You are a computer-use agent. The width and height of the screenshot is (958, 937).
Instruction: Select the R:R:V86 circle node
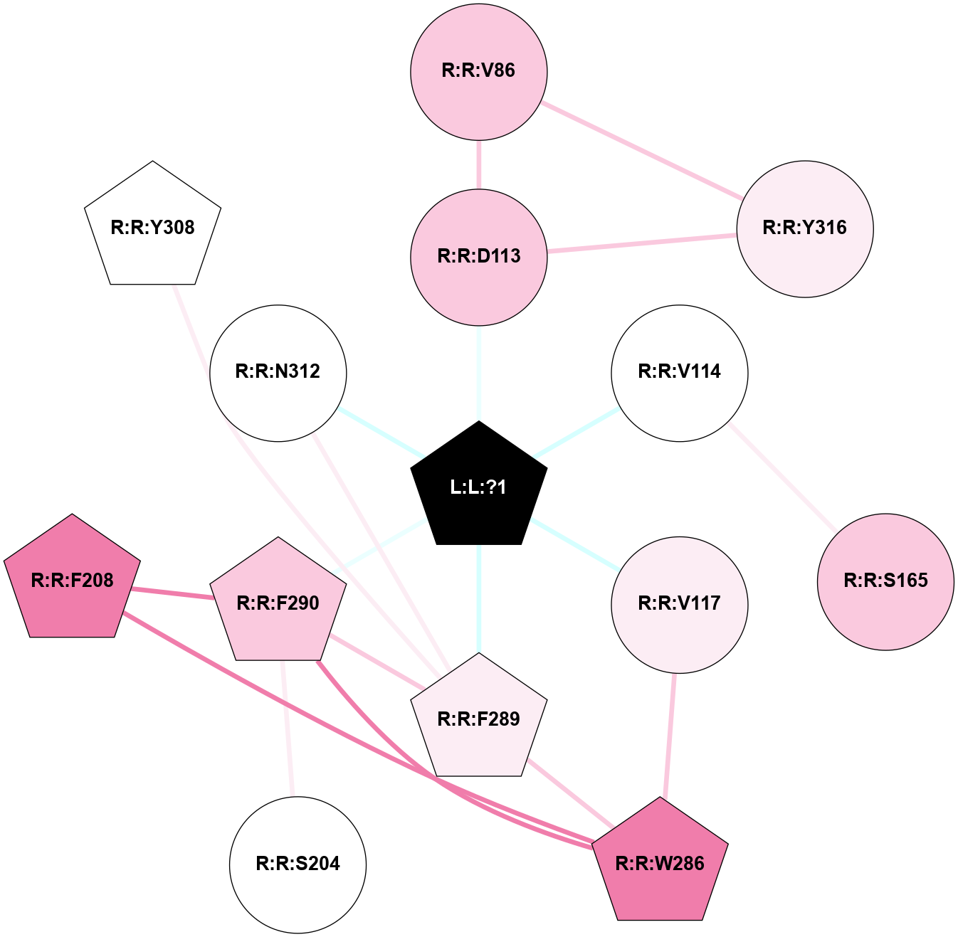[x=478, y=72]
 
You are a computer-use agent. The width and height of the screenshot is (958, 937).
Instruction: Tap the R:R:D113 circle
[x=478, y=257]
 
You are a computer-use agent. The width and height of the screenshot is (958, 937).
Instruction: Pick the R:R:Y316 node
[x=805, y=229]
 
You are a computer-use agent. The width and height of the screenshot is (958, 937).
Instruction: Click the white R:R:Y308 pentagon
[x=152, y=226]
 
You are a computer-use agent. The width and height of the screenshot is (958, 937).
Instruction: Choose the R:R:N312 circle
[x=278, y=373]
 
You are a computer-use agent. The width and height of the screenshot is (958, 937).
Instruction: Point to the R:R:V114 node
[x=680, y=373]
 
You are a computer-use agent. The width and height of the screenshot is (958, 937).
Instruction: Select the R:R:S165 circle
[x=885, y=582]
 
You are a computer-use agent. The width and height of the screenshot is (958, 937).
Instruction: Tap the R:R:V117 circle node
[x=680, y=605]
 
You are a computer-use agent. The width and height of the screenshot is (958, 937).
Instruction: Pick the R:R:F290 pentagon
[x=278, y=603]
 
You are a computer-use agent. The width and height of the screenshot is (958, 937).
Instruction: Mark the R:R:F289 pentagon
[x=478, y=719]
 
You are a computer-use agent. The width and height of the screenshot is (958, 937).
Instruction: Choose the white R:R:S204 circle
[x=298, y=864]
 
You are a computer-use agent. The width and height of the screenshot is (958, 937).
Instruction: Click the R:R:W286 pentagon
[x=660, y=863]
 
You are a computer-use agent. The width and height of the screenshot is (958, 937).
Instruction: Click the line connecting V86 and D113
[x=478, y=164]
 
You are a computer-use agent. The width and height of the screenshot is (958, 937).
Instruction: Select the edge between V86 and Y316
[x=642, y=150]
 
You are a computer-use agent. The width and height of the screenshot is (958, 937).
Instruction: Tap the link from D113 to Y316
[x=642, y=243]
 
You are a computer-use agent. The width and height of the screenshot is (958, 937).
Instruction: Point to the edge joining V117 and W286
[x=670, y=736]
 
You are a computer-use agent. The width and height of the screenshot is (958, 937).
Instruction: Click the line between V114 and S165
[x=783, y=477]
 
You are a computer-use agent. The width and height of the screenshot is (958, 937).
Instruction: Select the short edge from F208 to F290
[x=172, y=593]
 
